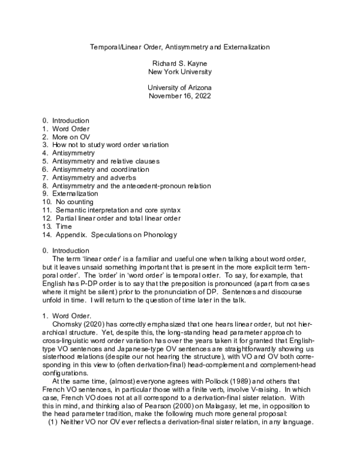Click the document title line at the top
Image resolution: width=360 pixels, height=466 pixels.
[179, 46]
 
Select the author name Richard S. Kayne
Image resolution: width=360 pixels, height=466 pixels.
[179, 63]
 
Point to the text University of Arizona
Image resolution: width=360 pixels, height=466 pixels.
[179, 88]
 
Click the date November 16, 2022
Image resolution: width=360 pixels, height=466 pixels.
[179, 96]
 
